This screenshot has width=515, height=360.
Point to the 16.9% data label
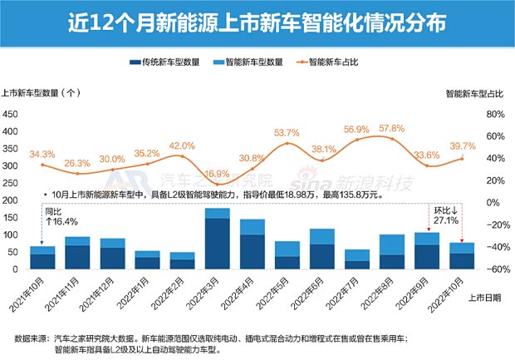pos(217,174)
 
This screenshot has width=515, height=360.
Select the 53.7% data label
pos(287,132)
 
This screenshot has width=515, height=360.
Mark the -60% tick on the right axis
pos(493,269)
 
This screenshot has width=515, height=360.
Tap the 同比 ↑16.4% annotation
pos(55,218)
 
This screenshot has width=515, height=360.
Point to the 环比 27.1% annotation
pos(445,218)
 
